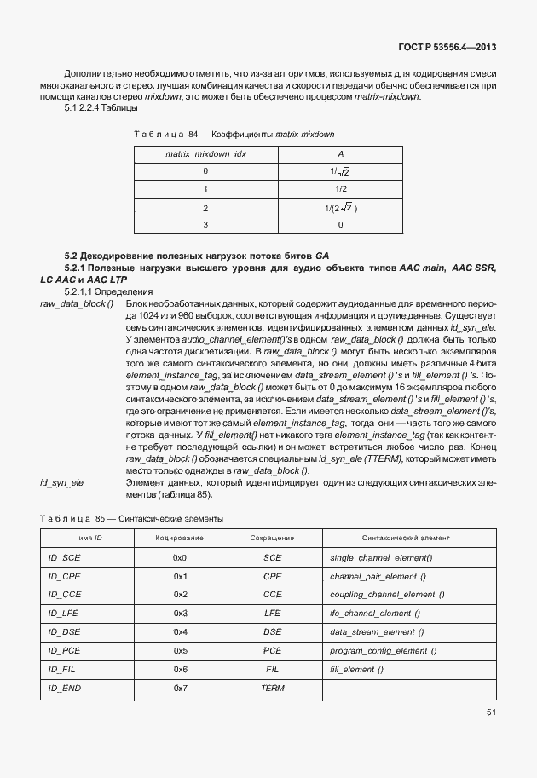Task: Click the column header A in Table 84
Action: coord(340,153)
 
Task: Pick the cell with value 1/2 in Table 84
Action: coord(340,189)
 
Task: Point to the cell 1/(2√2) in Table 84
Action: coord(340,207)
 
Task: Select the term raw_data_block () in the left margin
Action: coord(76,304)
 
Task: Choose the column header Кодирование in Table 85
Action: coord(179,538)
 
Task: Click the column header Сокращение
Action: coord(272,538)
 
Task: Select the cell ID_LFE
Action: coord(64,613)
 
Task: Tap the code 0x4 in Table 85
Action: coord(179,631)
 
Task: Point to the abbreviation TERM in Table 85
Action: coord(272,688)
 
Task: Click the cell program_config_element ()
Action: coord(383,650)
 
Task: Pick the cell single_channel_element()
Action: coord(380,557)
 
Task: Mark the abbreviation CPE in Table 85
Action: coord(272,576)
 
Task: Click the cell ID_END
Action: coord(64,688)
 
